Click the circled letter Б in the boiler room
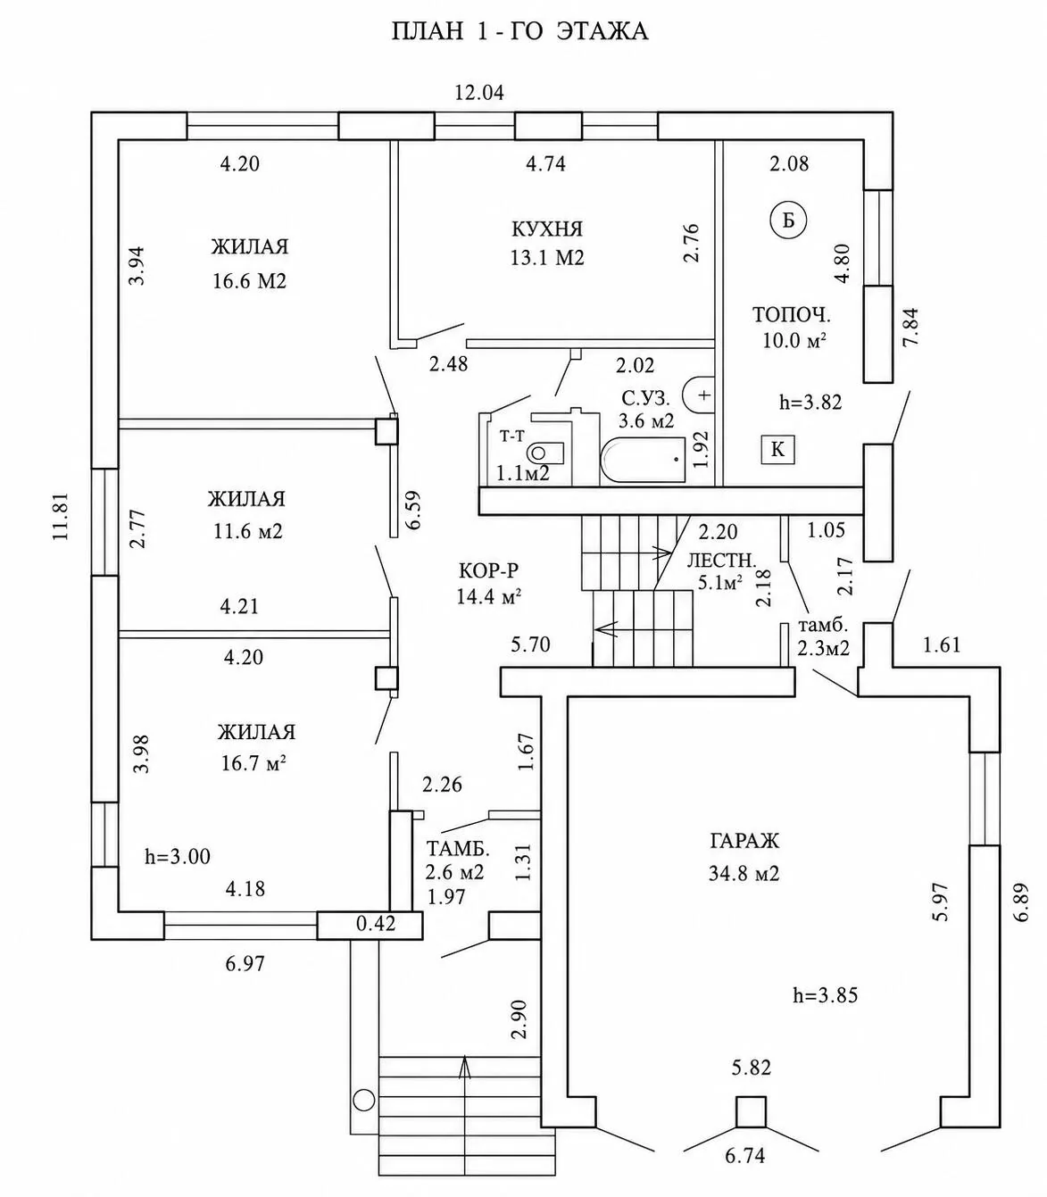click(788, 220)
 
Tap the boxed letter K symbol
click(778, 449)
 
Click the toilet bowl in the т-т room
click(544, 453)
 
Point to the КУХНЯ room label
click(547, 229)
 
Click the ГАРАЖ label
click(744, 842)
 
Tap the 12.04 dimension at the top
click(479, 93)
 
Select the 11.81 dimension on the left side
click(62, 517)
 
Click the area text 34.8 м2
click(744, 874)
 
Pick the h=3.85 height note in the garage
click(826, 994)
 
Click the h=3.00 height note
click(178, 857)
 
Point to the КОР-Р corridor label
click(488, 569)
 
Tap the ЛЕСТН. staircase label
click(721, 561)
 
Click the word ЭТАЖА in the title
click(602, 31)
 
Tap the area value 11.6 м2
click(248, 531)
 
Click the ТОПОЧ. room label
click(791, 315)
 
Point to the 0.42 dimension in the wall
click(376, 923)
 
